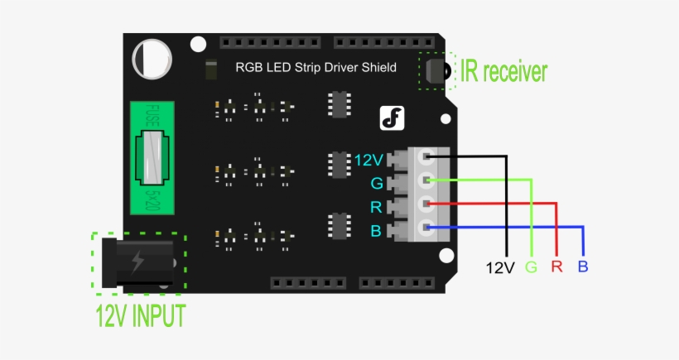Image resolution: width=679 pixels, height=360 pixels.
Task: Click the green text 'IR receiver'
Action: coord(504,72)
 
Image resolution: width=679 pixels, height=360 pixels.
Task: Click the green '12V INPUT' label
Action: coord(140,316)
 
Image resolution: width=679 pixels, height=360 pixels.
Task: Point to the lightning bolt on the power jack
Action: coord(137,262)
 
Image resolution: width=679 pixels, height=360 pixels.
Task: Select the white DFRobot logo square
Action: coord(392,118)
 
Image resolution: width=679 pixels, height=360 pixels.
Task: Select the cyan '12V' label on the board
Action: coord(367,159)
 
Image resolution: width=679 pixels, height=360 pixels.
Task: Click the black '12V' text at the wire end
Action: coord(500,267)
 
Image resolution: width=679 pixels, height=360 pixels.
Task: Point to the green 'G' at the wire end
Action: coord(531,267)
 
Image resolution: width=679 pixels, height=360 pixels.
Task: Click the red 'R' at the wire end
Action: coord(556,267)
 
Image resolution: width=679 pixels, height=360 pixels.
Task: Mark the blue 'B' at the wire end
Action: coord(583,267)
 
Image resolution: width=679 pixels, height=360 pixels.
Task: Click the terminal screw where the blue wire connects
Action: coord(426,228)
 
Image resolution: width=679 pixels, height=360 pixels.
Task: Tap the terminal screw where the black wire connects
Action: coord(426,156)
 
